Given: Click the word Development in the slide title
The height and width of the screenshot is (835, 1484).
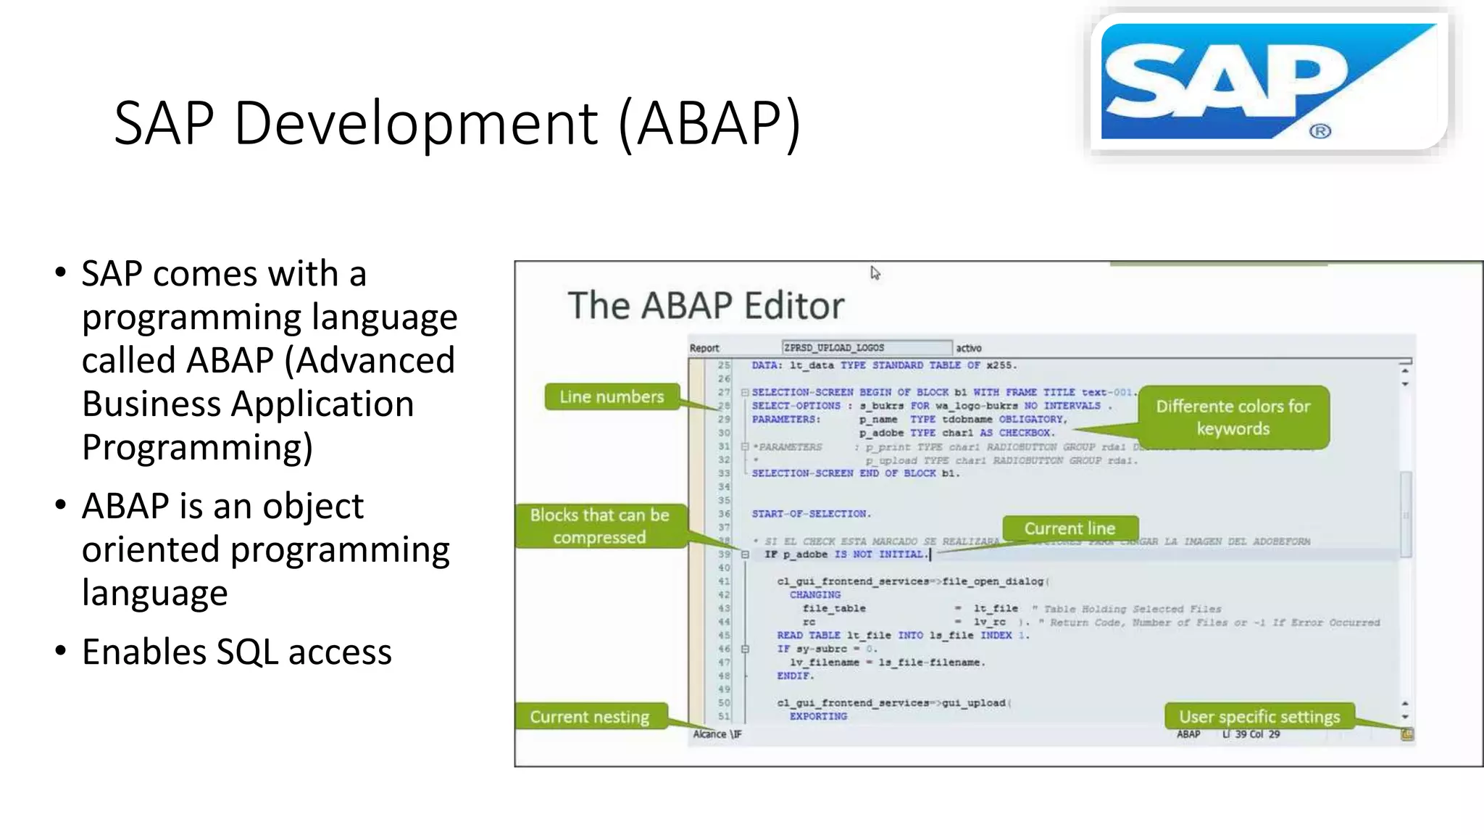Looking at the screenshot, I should (416, 123).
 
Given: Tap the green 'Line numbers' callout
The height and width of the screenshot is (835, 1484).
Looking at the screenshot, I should (612, 397).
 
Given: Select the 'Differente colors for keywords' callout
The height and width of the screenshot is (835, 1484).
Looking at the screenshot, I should (1233, 417).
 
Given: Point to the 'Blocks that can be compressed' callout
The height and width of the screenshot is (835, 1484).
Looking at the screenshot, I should (599, 526).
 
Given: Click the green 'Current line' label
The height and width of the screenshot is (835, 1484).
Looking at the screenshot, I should (1070, 528).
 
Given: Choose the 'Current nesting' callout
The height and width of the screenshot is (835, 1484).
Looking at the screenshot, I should (589, 717).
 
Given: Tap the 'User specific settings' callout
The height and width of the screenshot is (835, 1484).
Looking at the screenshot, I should (1259, 717).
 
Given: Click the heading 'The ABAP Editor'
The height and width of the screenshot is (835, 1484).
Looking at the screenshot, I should (706, 305).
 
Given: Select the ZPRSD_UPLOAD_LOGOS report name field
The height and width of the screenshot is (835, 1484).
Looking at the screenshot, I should (866, 348).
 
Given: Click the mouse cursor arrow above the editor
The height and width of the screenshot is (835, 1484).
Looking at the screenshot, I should (875, 273).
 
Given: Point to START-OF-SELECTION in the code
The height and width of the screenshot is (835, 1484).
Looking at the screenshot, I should (810, 514).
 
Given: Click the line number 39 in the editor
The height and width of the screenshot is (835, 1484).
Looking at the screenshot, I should (724, 554).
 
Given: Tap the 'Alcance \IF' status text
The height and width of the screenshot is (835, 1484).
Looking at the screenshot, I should (717, 734).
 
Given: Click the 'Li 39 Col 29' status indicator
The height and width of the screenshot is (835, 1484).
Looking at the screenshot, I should (1251, 734).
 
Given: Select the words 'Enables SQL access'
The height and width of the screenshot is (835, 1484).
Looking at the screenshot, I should (236, 652).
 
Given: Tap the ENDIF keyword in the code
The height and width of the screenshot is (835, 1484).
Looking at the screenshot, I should (795, 676).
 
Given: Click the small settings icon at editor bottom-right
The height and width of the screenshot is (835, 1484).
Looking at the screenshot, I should (1406, 734).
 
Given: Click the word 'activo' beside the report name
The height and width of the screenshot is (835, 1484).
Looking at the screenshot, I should (969, 349).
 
